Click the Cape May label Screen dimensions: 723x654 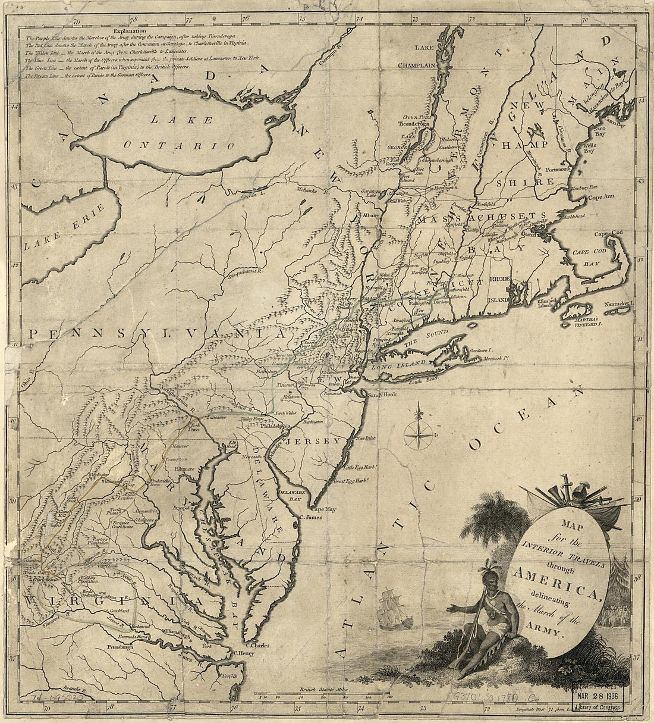(325, 509)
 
